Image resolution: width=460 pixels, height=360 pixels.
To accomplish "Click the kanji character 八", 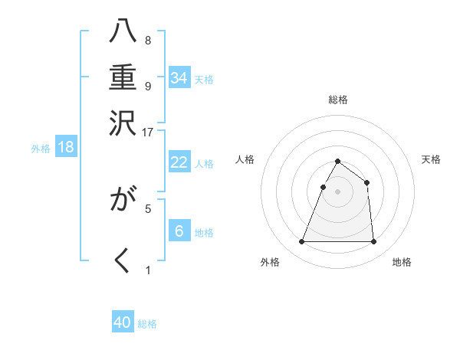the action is click(x=123, y=32).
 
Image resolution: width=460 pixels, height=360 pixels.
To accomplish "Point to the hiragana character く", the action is click(x=123, y=260).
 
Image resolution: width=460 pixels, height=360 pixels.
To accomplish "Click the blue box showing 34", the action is click(x=179, y=77).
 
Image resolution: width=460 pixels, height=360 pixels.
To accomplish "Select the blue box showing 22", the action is click(x=179, y=162).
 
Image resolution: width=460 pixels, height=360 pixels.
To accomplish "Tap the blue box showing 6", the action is click(x=179, y=231).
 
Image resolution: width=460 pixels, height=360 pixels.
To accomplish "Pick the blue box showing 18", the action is click(x=66, y=147).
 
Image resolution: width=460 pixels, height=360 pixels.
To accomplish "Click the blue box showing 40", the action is click(x=123, y=322).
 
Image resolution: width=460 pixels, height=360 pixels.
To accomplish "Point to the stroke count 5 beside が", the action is click(x=148, y=207).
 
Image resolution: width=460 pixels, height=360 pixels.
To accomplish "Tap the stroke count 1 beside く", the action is click(x=148, y=270).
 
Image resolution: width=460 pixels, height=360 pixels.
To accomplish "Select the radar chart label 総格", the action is click(x=338, y=100).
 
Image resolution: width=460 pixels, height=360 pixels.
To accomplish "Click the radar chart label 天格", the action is click(x=431, y=159).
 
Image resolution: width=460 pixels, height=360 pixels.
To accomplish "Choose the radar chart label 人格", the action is click(x=245, y=159).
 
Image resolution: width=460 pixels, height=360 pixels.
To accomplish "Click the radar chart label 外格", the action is click(x=270, y=262).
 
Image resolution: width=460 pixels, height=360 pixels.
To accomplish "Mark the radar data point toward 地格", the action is click(x=373, y=242).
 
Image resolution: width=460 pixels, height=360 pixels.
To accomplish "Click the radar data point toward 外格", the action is click(x=301, y=242).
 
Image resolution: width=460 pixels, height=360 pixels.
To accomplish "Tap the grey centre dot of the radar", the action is click(x=337, y=192).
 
